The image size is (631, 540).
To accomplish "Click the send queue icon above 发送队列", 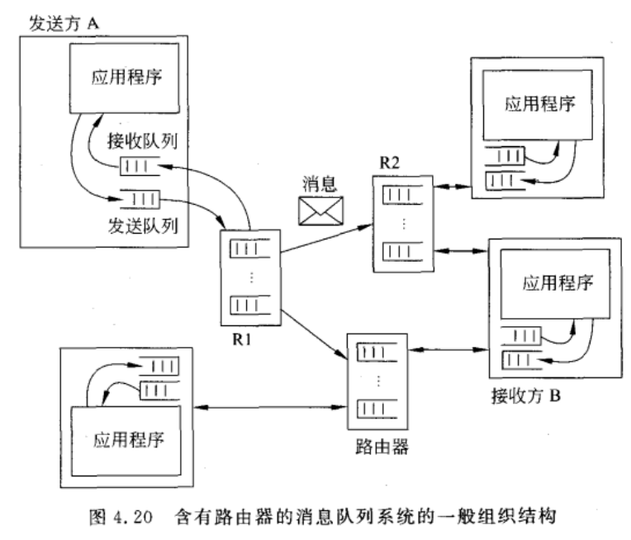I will click(x=137, y=199).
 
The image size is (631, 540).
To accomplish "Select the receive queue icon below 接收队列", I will click(x=137, y=168).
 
